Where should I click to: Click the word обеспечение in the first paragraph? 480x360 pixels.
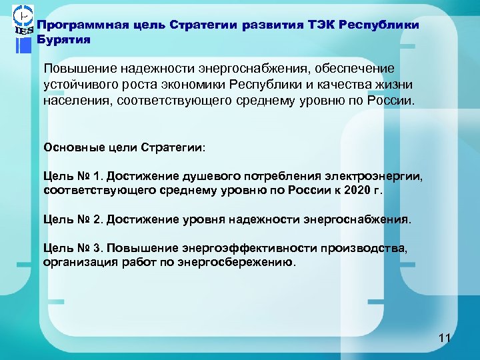pyautogui.click(x=357, y=69)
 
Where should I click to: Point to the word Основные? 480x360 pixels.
pyautogui.click(x=69, y=146)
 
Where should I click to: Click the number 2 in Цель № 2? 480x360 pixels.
pyautogui.click(x=97, y=219)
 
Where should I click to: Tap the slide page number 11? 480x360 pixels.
pyautogui.click(x=445, y=339)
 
